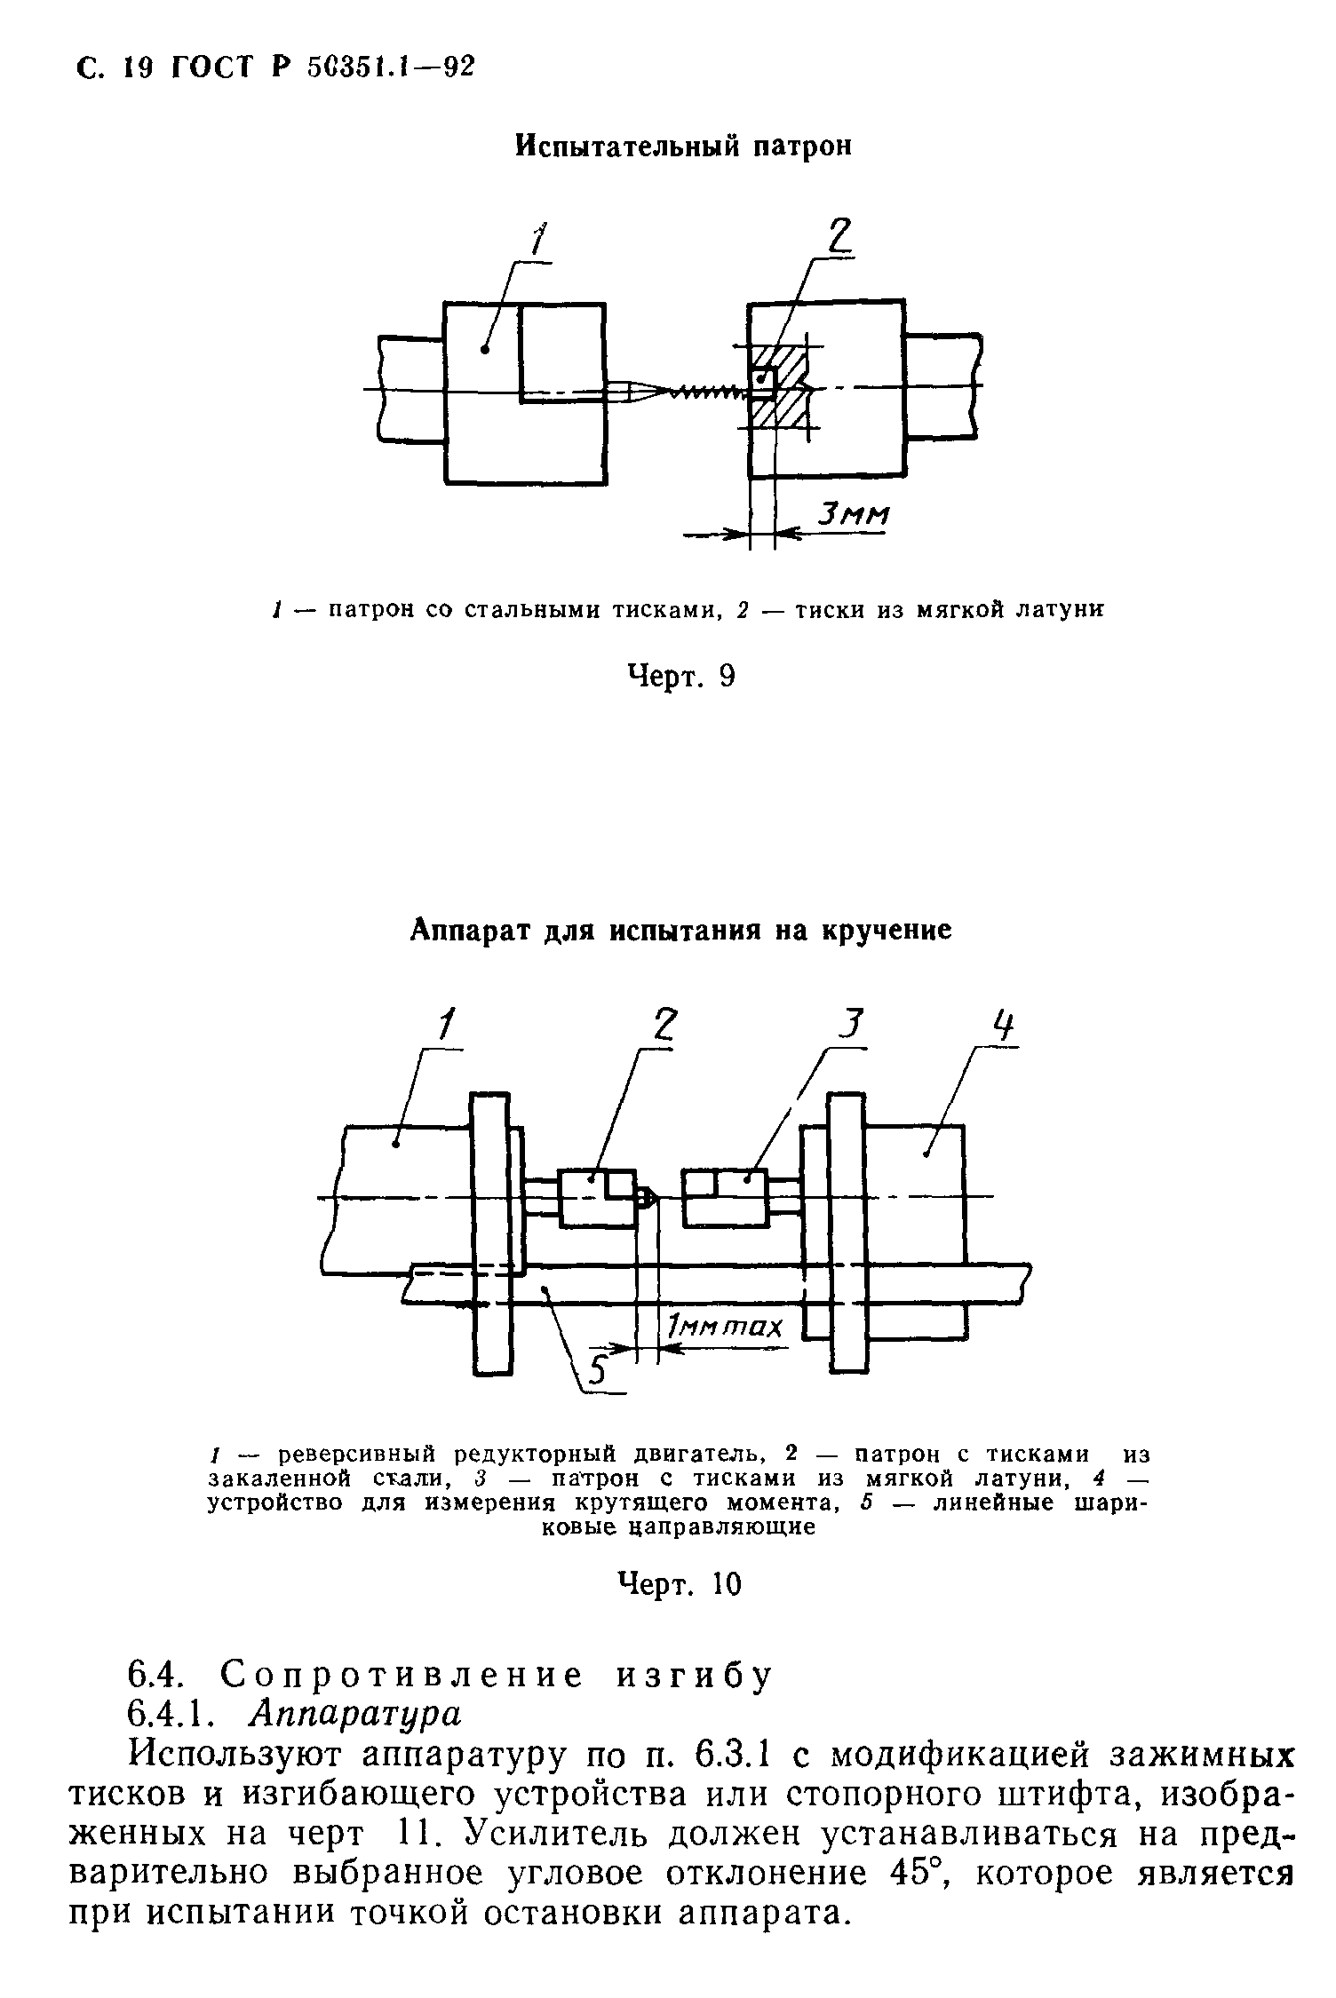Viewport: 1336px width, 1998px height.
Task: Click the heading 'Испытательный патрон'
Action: click(x=684, y=147)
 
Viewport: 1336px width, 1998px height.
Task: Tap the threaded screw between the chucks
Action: click(x=706, y=391)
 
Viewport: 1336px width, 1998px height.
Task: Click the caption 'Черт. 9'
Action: click(x=682, y=678)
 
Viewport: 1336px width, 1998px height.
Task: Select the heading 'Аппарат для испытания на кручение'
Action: click(x=681, y=930)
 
